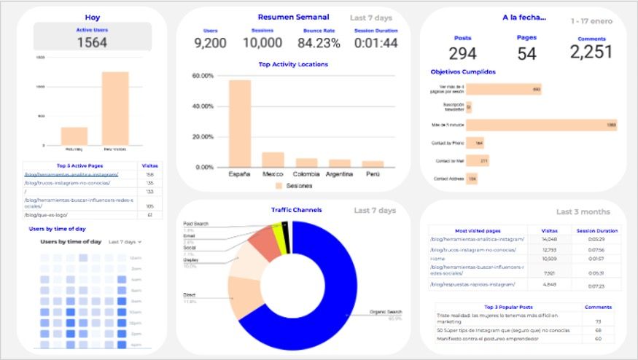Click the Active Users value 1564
point(92,42)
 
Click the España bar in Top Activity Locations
point(240,124)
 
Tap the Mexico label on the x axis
point(273,174)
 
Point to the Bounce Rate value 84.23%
point(319,43)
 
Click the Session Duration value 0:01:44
point(376,43)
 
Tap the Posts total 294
point(462,53)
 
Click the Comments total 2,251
point(591,52)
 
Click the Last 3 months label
point(583,211)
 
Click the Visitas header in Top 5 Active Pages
point(150,165)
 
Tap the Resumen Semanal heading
point(293,17)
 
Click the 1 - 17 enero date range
point(591,21)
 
